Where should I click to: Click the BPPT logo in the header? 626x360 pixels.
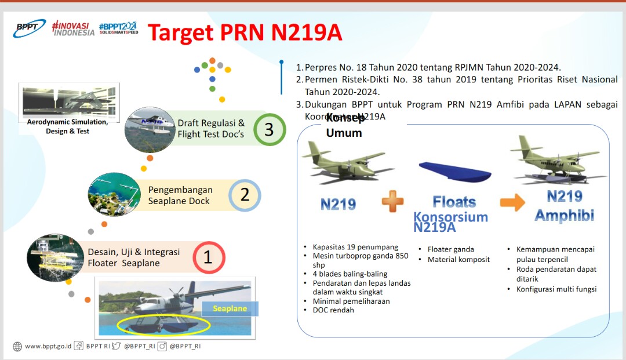pos(30,28)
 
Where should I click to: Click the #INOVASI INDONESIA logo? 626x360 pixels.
pos(72,28)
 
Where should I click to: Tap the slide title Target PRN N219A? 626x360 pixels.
pos(244,33)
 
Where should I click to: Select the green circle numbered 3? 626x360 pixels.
pos(268,129)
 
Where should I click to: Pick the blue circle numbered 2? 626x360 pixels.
pos(245,195)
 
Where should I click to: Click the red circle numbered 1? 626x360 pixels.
pos(208,257)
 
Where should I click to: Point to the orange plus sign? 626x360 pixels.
pos(392,203)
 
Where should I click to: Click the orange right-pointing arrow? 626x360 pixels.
pos(512,202)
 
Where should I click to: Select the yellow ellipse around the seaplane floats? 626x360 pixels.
pos(163,326)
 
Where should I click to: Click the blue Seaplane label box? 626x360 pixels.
pos(230,308)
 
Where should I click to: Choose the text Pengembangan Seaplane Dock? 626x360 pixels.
pos(180,195)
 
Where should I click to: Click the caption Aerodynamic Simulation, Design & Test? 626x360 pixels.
pos(68,126)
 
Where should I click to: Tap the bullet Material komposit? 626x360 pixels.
pos(458,260)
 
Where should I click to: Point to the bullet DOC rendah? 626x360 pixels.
pos(333,310)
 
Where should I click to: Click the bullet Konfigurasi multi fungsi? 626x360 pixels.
pos(556,289)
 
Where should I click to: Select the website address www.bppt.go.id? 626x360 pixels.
pos(48,346)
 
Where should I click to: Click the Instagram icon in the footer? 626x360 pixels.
pos(162,346)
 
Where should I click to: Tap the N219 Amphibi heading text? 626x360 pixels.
pos(564,205)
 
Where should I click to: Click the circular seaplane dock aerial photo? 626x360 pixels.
pos(114,194)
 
